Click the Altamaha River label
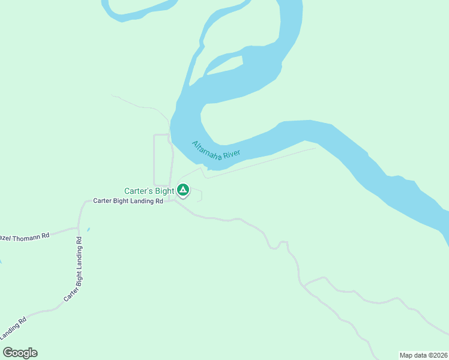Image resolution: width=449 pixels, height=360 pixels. coord(215,151)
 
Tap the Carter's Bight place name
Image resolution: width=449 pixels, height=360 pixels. coord(149,191)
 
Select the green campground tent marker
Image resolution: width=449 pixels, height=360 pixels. coord(183,191)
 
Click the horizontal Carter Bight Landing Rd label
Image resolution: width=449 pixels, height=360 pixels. coord(128,202)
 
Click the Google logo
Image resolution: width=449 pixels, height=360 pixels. coord(20,353)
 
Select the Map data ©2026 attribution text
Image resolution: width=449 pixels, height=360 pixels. coord(423,355)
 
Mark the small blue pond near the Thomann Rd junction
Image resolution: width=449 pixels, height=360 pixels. coord(88,229)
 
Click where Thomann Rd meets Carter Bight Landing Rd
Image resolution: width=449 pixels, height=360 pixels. coord(78,228)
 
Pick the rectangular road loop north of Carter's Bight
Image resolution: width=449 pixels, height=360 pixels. coord(155,160)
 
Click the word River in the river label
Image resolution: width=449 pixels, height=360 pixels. coord(231,155)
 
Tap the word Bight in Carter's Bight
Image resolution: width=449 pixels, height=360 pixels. coord(164,191)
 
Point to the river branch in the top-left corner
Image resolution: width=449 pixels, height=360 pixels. coord(141,8)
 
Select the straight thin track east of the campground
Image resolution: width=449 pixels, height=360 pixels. coord(264,162)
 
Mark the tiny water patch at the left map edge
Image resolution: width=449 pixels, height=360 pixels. coord(1,262)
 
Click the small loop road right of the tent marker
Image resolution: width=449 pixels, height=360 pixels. coord(197,196)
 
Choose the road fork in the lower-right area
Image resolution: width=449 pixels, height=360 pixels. coord(305,285)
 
